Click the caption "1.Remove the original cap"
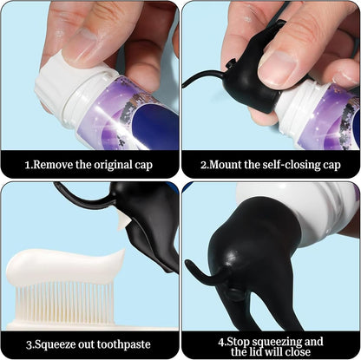89,163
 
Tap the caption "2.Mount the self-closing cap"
271,163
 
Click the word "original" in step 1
108,163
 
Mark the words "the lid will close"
271,351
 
